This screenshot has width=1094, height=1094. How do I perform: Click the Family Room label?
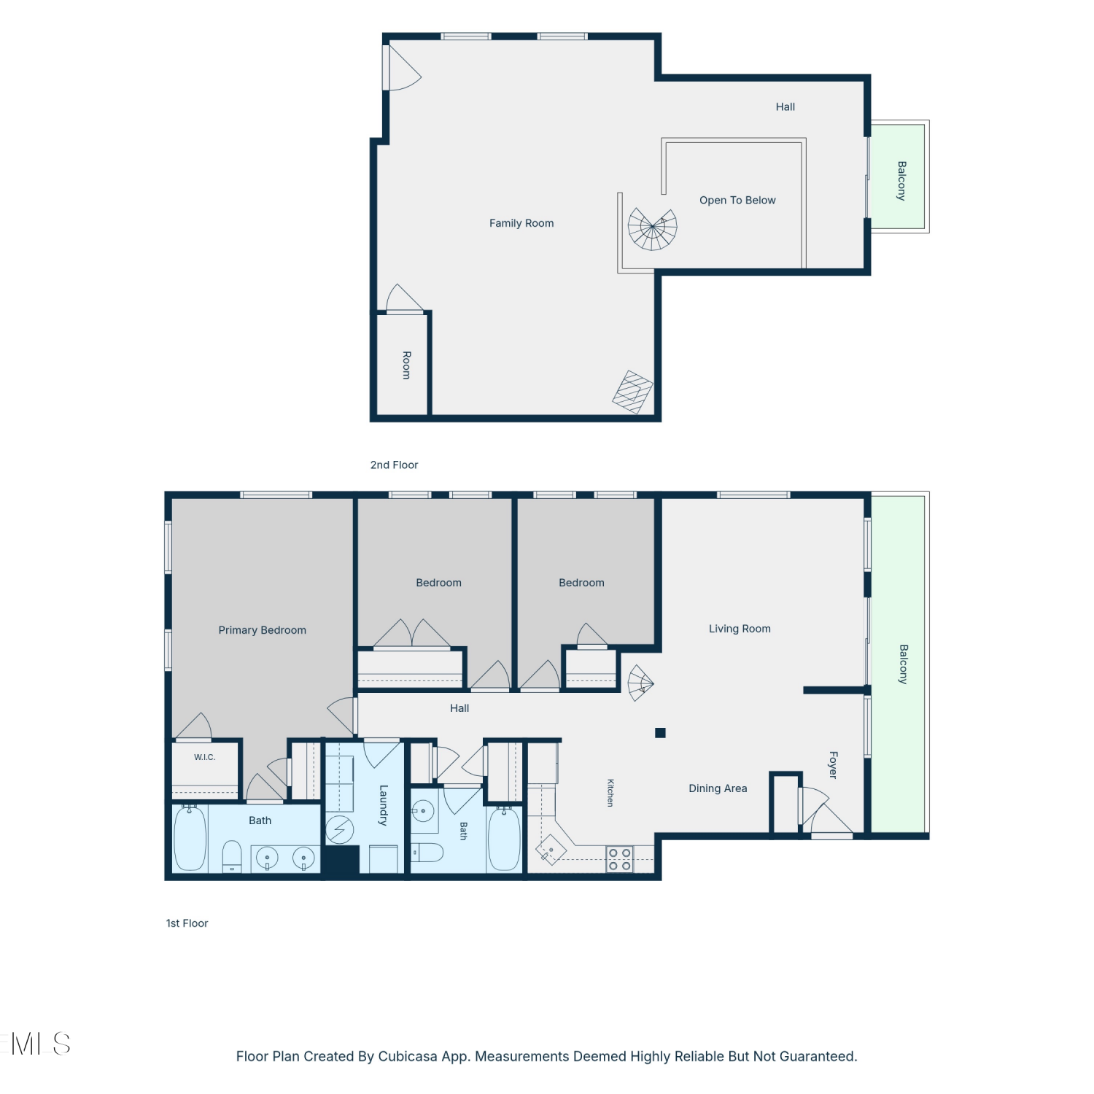(x=521, y=223)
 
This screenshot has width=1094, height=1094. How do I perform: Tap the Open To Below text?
(x=737, y=200)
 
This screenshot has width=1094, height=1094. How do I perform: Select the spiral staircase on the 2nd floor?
(x=653, y=228)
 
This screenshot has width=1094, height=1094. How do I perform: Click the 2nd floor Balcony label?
(x=902, y=181)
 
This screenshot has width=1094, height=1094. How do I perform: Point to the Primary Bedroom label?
(x=263, y=630)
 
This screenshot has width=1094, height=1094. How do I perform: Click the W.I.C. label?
(x=205, y=757)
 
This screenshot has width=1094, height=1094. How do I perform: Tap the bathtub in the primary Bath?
(x=190, y=838)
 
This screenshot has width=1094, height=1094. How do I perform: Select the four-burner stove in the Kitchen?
(x=620, y=859)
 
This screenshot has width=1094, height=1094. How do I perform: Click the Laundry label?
(x=384, y=805)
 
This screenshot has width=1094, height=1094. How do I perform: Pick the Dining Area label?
(x=718, y=788)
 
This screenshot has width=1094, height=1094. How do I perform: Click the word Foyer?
(x=834, y=765)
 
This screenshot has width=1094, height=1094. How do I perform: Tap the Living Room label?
(x=740, y=629)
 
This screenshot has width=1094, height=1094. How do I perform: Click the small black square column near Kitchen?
(x=660, y=733)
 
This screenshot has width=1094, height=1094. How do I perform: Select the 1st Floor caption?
(x=187, y=923)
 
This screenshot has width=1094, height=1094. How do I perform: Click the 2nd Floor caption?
(x=394, y=465)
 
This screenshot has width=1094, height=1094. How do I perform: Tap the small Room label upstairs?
(x=407, y=365)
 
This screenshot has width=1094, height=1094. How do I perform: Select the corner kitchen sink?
(x=551, y=850)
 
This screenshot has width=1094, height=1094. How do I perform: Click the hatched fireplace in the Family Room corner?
(x=632, y=392)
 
